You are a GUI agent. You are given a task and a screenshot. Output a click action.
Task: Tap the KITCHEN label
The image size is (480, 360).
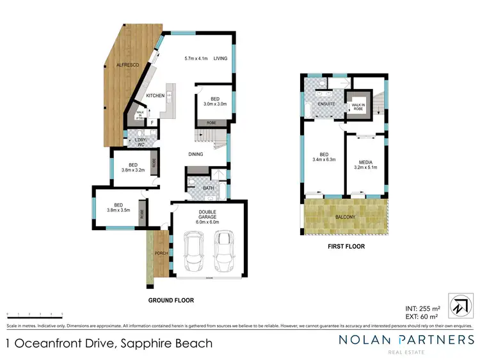click(x=156, y=96)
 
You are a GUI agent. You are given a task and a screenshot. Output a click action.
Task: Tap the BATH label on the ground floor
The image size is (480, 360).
click(x=208, y=188)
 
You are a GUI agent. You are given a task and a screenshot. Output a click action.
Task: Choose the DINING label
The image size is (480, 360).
click(x=196, y=153)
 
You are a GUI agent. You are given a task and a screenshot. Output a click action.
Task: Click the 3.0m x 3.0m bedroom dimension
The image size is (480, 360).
click(x=207, y=104)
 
